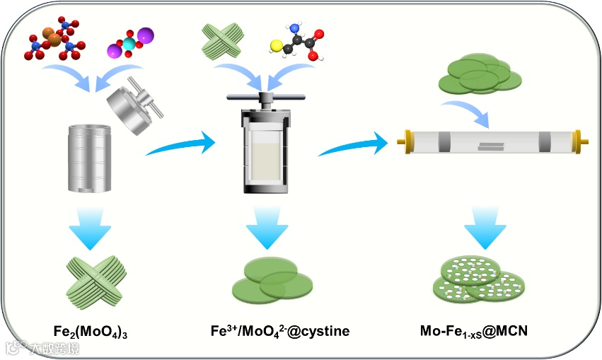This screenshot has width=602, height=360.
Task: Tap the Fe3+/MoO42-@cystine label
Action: pyautogui.click(x=279, y=330)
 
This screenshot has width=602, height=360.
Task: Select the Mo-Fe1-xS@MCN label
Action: pyautogui.click(x=475, y=330)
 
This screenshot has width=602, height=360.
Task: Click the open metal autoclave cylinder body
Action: pyautogui.click(x=91, y=158)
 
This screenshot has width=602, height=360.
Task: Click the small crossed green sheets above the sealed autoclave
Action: pyautogui.click(x=224, y=40)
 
